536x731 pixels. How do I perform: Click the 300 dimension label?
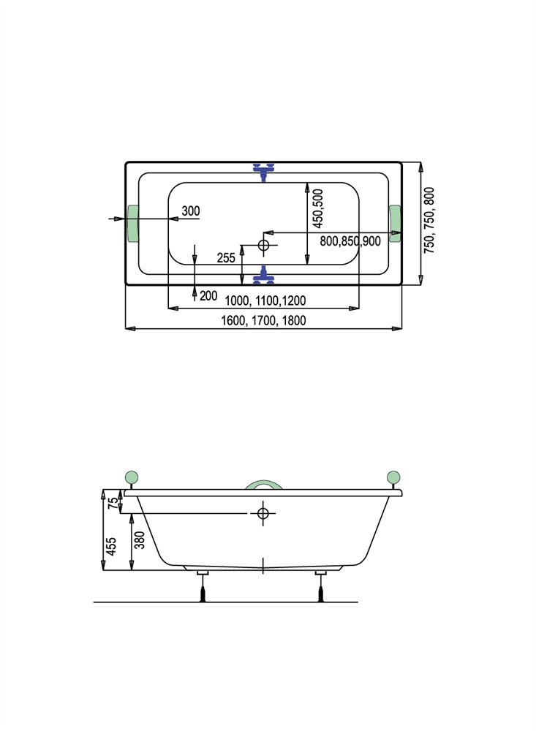tap(191, 211)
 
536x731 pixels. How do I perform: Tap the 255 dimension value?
tap(226, 258)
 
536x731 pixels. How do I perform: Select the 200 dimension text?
tap(208, 295)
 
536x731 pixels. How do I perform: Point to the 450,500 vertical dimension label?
tap(318, 208)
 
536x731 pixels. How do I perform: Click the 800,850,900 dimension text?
tap(350, 241)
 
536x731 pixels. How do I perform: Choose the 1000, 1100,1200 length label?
tap(265, 300)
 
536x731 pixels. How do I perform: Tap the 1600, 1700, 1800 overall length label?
tap(263, 321)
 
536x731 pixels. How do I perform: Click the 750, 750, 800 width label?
tap(429, 221)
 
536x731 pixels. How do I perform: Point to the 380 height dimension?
tap(140, 539)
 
